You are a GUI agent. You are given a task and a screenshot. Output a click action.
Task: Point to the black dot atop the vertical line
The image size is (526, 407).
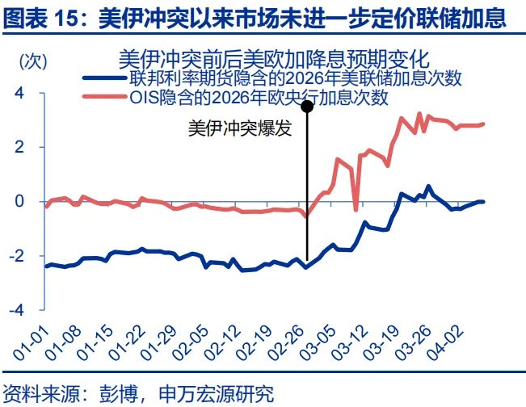[x=307, y=106]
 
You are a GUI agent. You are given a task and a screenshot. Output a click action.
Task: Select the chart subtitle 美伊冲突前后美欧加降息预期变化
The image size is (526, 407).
[x=273, y=59]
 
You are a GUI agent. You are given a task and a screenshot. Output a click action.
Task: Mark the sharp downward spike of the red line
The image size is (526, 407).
[x=356, y=209]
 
